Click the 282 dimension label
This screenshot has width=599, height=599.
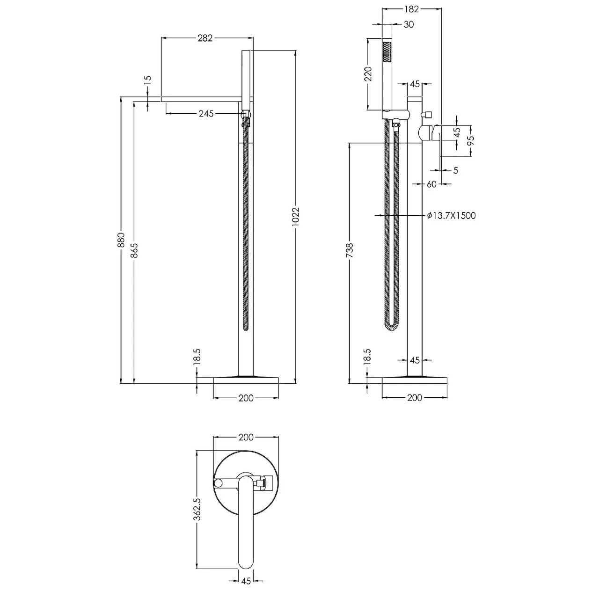click(x=205, y=38)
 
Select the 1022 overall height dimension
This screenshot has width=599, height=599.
click(x=295, y=217)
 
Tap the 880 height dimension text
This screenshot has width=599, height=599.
click(x=121, y=240)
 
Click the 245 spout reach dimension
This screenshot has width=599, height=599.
click(x=206, y=113)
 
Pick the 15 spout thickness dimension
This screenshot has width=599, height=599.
click(x=148, y=80)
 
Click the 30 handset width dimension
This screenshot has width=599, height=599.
click(x=408, y=24)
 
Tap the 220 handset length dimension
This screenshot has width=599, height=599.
click(x=368, y=74)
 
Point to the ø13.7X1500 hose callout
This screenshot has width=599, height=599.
click(x=451, y=215)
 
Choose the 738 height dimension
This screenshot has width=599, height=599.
click(x=350, y=250)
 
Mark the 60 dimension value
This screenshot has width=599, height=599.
click(x=431, y=184)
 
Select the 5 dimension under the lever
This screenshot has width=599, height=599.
click(x=455, y=170)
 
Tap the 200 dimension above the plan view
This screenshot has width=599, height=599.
click(x=246, y=437)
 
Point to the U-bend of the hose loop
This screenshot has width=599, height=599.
click(x=391, y=326)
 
